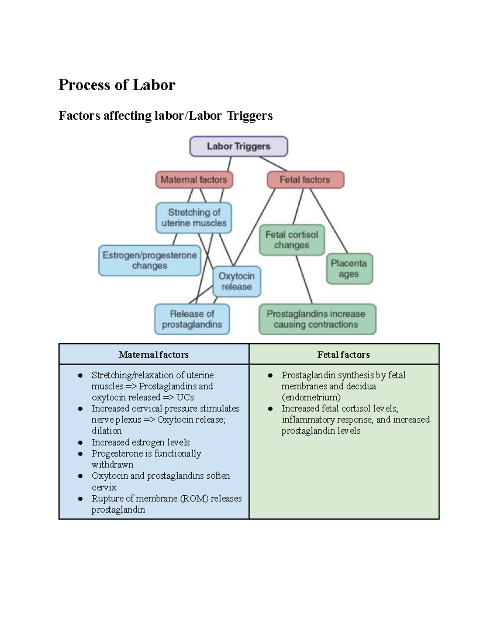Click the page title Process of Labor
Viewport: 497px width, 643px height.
point(117,85)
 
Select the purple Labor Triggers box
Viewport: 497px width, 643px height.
point(239,146)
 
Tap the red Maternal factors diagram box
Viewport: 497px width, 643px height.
point(194,180)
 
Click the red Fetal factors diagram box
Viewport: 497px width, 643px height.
point(305,180)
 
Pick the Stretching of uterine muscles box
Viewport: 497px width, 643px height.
point(194,218)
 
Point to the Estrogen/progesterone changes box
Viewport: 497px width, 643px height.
point(150,260)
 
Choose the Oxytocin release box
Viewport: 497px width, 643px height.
point(236,282)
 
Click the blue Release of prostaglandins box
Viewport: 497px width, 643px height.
point(192,319)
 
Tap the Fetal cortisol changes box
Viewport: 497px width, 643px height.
point(292,240)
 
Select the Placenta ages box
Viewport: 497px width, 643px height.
point(349,269)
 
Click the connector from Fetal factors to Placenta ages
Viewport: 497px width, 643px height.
point(328,221)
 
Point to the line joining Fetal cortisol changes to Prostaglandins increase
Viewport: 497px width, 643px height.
point(304,280)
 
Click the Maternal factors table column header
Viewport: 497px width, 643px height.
point(154,354)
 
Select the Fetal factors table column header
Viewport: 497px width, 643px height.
point(343,354)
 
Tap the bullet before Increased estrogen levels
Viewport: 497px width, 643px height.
point(80,443)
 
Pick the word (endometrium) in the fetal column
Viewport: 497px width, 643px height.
point(311,397)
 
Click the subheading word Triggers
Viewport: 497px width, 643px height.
point(249,116)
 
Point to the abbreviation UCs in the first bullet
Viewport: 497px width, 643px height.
point(185,397)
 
